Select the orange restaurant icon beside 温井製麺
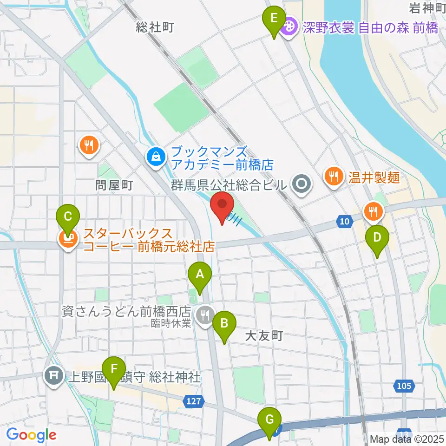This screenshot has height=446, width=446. (x=333, y=176)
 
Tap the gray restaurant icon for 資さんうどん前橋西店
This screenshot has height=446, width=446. (x=204, y=315)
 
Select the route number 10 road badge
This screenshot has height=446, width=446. (x=344, y=222)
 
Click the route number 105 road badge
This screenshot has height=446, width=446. (x=404, y=385)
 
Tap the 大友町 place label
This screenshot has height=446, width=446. (x=264, y=336)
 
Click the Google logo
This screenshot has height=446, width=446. (x=31, y=434)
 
